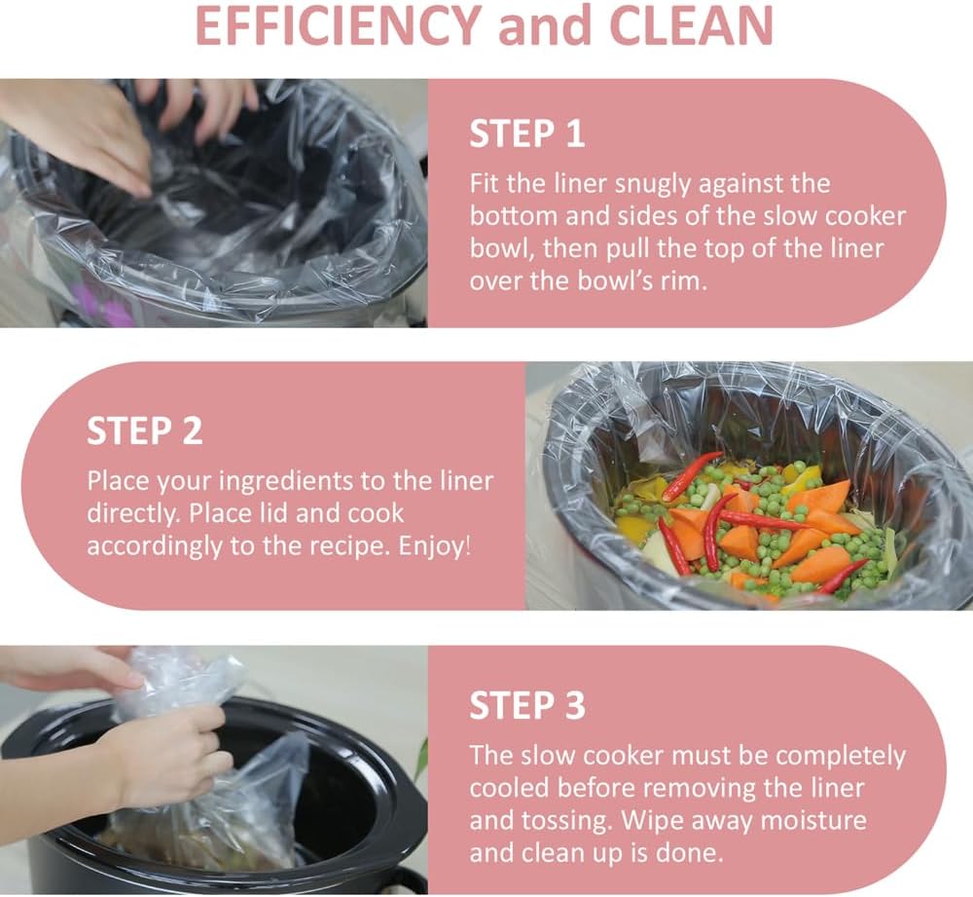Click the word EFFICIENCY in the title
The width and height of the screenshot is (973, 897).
(338, 25)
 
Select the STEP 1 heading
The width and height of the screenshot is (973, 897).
(526, 133)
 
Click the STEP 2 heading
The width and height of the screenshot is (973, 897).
(145, 430)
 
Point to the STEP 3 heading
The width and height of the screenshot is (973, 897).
(526, 705)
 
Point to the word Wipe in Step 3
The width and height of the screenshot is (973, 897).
(648, 821)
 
